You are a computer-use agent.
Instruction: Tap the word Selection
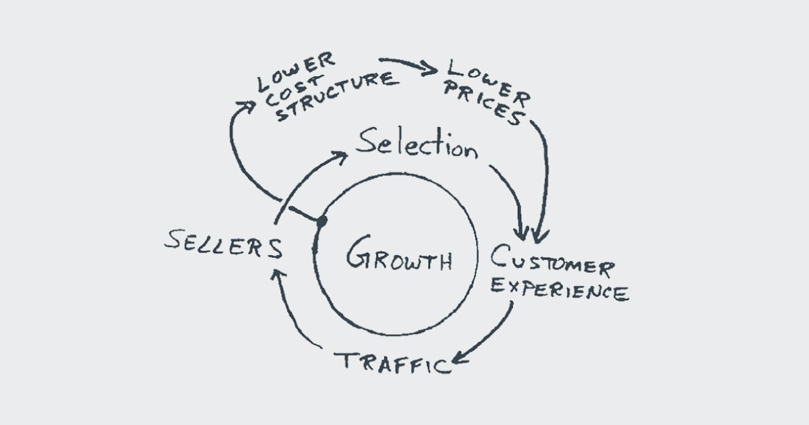point(416,143)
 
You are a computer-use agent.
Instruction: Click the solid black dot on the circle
point(322,221)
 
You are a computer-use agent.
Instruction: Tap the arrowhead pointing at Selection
point(341,157)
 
